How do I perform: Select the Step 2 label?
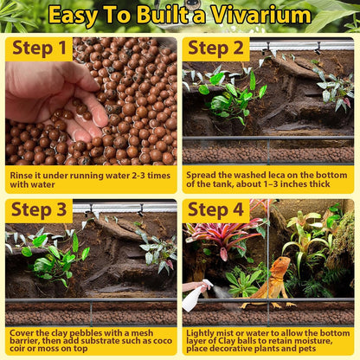point(215,48)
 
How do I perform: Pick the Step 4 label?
point(216,210)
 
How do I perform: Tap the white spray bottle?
point(192,297)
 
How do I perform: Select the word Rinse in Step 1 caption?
point(24,174)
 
